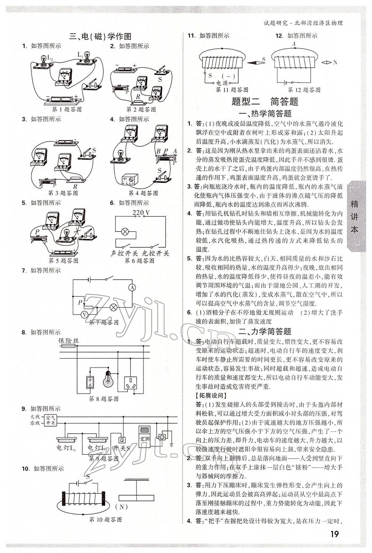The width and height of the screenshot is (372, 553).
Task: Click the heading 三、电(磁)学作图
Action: pyautogui.click(x=100, y=37)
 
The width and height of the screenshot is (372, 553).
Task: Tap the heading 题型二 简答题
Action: pyautogui.click(x=265, y=101)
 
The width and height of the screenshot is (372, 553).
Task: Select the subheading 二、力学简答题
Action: pyautogui.click(x=265, y=331)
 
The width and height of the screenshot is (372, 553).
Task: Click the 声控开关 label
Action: pyautogui.click(x=124, y=253)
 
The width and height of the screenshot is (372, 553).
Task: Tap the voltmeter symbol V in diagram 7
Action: pyautogui.click(x=84, y=314)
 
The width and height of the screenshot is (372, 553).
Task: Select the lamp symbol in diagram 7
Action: pyautogui.click(x=113, y=307)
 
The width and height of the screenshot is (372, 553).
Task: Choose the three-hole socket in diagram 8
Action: pyautogui.click(x=131, y=383)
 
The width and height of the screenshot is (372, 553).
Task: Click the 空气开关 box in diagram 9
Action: pyautogui.click(x=50, y=420)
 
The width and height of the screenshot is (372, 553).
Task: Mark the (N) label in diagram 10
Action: pyautogui.click(x=121, y=507)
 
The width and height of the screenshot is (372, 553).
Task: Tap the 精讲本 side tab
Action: pyautogui.click(x=355, y=217)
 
